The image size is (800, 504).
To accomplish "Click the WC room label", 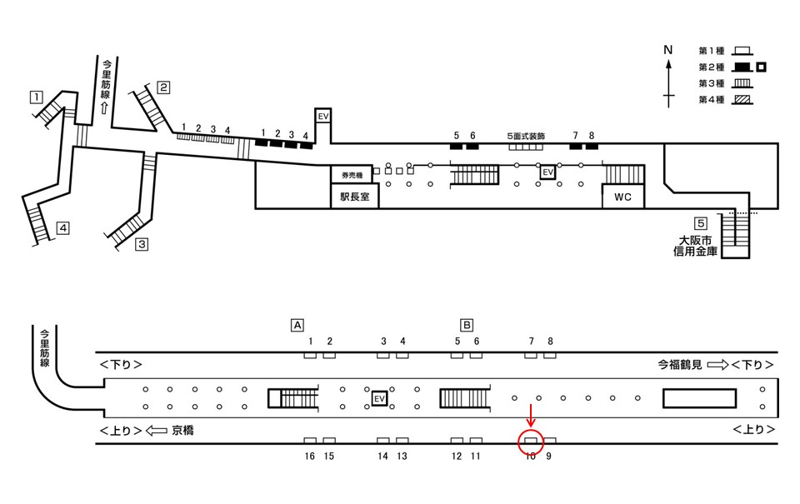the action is [x=622, y=197].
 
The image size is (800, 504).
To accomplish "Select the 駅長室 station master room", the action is [x=355, y=196].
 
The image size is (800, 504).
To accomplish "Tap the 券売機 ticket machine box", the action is [x=352, y=175].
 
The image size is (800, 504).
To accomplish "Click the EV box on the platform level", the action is [x=379, y=398].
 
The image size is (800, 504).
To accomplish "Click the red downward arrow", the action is [x=531, y=415].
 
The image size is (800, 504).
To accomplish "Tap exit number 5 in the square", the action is [x=701, y=223].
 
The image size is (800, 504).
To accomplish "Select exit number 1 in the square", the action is [x=36, y=97].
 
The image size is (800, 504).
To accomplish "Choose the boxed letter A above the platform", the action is [x=297, y=325].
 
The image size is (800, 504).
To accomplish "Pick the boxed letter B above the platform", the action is [x=467, y=325].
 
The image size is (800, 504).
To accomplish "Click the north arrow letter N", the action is [x=667, y=50].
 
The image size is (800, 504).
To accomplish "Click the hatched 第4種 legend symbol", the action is [x=742, y=99].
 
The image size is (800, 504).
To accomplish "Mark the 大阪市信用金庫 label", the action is [x=695, y=246].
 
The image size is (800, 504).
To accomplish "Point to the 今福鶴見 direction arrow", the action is [x=717, y=365].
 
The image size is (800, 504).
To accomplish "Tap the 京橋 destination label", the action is [x=182, y=431].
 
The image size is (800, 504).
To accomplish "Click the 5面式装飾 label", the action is [x=526, y=136].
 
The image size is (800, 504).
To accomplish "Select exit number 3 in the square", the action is [x=142, y=244].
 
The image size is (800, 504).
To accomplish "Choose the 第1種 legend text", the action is [x=711, y=51].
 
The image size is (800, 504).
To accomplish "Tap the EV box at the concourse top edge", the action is [x=323, y=117].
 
